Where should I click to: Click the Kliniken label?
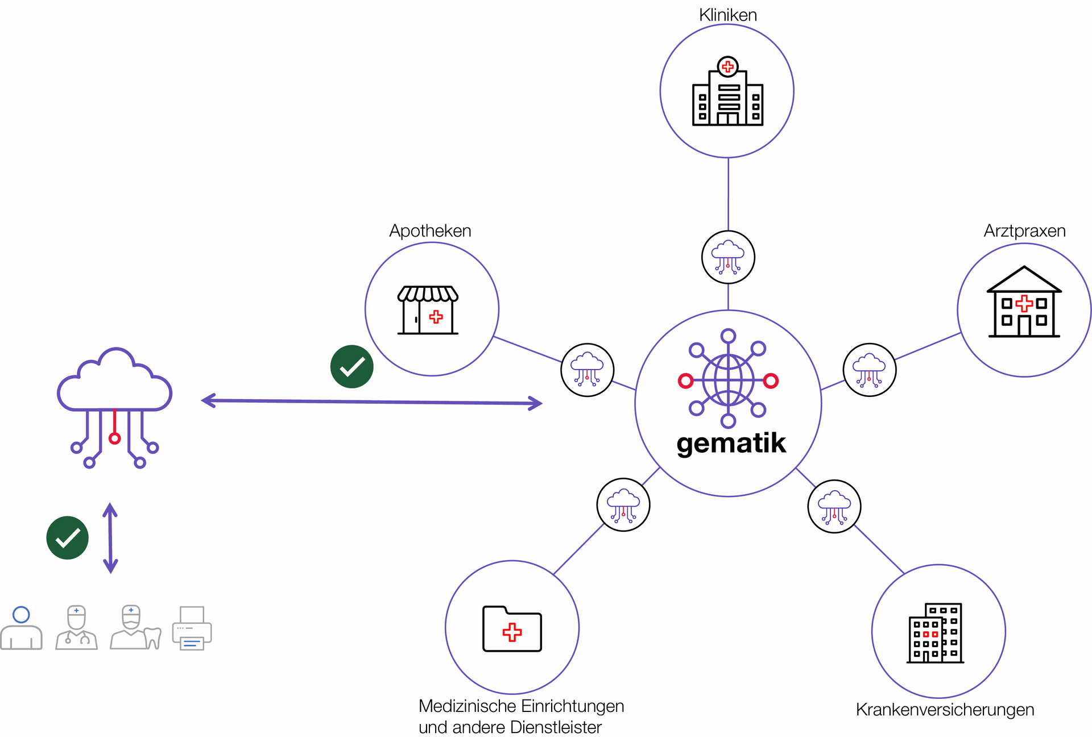727,15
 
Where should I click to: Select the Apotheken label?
430,231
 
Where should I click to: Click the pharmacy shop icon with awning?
428,310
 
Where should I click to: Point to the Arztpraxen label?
1024,231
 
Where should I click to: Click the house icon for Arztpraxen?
1024,301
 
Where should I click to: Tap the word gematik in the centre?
731,444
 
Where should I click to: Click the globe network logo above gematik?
728,378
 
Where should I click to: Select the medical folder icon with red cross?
512,628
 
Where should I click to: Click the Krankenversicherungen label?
945,710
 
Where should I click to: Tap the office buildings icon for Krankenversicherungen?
935,633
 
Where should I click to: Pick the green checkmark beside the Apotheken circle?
352,367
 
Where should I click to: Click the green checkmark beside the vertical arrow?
68,538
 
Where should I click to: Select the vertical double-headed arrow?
110,538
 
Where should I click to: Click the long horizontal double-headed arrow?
372,402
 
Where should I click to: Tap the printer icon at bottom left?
192,628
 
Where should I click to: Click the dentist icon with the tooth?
135,627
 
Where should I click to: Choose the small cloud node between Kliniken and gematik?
728,257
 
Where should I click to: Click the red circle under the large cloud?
115,438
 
